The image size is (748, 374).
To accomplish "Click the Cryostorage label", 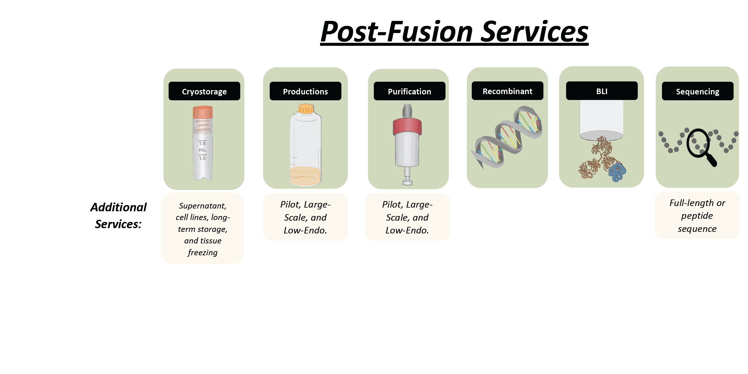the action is (x=204, y=91).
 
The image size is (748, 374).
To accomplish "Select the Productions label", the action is (x=305, y=91).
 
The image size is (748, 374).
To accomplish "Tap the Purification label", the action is (x=410, y=91).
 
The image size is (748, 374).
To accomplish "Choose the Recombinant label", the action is (x=507, y=91).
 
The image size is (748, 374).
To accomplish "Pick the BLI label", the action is (x=602, y=91).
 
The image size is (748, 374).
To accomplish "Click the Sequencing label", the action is (x=698, y=91).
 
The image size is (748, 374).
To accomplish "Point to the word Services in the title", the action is (x=535, y=31).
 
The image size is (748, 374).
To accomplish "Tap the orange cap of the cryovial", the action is (x=203, y=112).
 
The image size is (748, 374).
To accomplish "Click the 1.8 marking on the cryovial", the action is (x=202, y=143).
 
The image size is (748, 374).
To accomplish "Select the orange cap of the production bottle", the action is (x=306, y=108).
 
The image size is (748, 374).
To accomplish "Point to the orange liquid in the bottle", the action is (x=305, y=176).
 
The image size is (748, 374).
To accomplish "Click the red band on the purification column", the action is (x=407, y=126).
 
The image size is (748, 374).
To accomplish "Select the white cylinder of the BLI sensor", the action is (x=602, y=120).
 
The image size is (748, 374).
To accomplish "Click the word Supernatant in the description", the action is (x=203, y=206).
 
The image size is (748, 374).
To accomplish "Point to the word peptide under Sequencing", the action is (x=697, y=216).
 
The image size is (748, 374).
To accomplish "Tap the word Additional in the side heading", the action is (x=118, y=207).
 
